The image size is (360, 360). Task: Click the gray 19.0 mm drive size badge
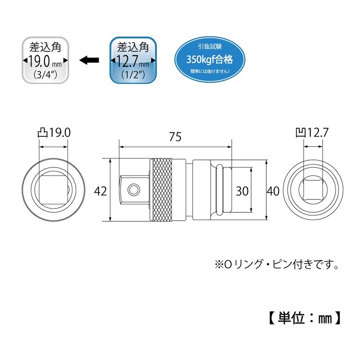click(x=45, y=60)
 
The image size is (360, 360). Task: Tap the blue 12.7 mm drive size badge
click(x=133, y=60)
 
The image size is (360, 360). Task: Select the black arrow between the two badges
click(x=89, y=60)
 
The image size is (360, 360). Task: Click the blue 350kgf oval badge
click(x=210, y=59)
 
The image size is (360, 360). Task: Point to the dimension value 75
click(x=175, y=137)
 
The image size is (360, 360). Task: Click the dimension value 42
click(x=100, y=191)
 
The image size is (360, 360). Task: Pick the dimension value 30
click(x=242, y=191)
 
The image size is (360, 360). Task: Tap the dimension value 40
click(x=273, y=191)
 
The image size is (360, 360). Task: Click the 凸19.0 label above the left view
click(x=54, y=133)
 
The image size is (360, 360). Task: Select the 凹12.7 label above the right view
click(x=312, y=133)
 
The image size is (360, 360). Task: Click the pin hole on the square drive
click(x=133, y=189)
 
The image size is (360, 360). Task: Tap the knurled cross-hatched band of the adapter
click(x=161, y=189)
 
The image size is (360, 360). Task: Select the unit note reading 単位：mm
click(x=305, y=318)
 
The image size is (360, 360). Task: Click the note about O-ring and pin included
click(x=277, y=265)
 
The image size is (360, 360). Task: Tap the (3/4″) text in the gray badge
click(x=45, y=74)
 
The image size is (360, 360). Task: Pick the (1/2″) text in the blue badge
click(x=133, y=74)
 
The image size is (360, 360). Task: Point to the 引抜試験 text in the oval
click(x=210, y=47)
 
